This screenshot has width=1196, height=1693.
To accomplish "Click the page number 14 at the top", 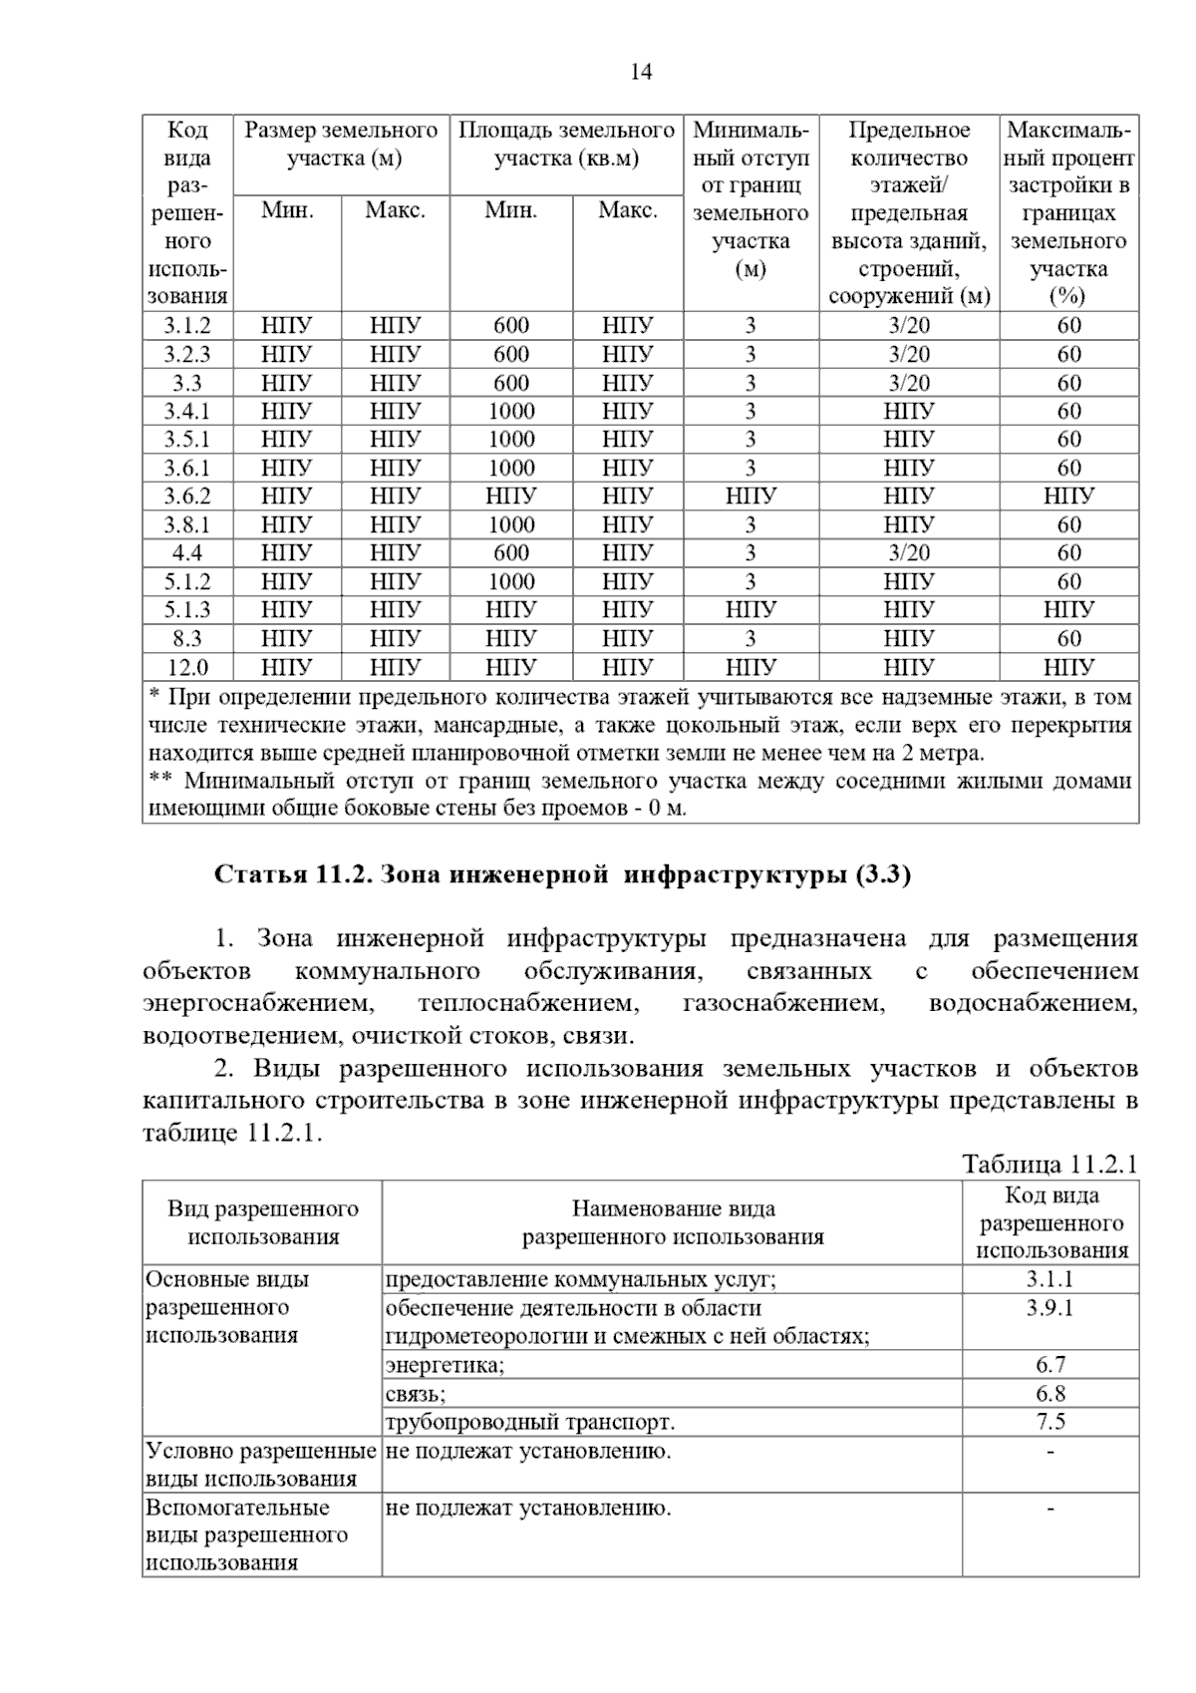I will pyautogui.click(x=641, y=72).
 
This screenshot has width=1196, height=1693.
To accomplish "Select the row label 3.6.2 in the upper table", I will pyautogui.click(x=187, y=497).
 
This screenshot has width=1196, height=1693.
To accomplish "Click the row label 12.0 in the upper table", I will pyautogui.click(x=187, y=667).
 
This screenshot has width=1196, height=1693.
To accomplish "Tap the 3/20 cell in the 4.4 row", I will pyautogui.click(x=909, y=553).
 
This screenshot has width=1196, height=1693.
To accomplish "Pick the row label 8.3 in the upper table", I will pyautogui.click(x=187, y=639).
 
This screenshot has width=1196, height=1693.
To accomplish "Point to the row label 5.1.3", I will pyautogui.click(x=187, y=610).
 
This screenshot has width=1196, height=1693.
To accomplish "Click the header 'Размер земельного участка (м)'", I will pyautogui.click(x=342, y=145).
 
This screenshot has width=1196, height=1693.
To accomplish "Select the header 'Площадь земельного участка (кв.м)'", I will pyautogui.click(x=566, y=145).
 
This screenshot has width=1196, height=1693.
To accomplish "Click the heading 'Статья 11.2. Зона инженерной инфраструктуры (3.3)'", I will pyautogui.click(x=563, y=875).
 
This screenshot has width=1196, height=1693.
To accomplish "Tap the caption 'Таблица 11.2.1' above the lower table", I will pyautogui.click(x=1049, y=1164).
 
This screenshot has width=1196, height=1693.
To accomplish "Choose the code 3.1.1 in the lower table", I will pyautogui.click(x=1050, y=1279).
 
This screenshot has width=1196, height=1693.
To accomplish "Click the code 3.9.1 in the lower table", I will pyautogui.click(x=1050, y=1308).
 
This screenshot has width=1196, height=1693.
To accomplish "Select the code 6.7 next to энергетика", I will pyautogui.click(x=1050, y=1365).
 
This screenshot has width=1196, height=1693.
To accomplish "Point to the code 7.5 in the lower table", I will pyautogui.click(x=1050, y=1422).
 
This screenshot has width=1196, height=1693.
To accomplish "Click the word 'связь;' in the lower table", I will pyautogui.click(x=416, y=1394).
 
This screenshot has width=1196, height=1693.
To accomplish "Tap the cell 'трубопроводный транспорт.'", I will pyautogui.click(x=529, y=1422).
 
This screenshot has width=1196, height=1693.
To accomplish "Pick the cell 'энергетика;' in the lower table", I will pyautogui.click(x=445, y=1365).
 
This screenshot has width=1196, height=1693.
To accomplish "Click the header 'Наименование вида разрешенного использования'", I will pyautogui.click(x=673, y=1223).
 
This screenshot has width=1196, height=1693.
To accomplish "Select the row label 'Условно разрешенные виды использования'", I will pyautogui.click(x=261, y=1465).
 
